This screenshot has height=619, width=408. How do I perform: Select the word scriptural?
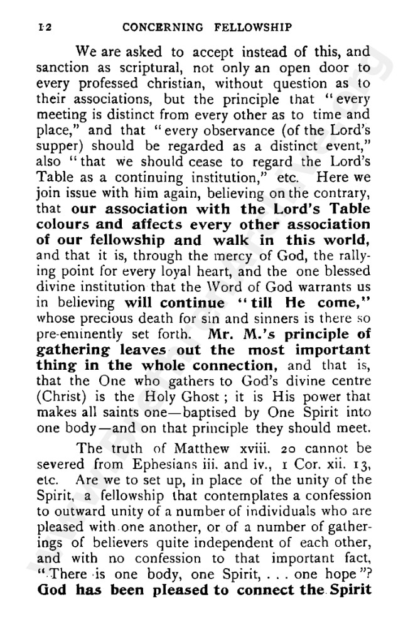120,68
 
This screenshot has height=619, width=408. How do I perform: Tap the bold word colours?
64,224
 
